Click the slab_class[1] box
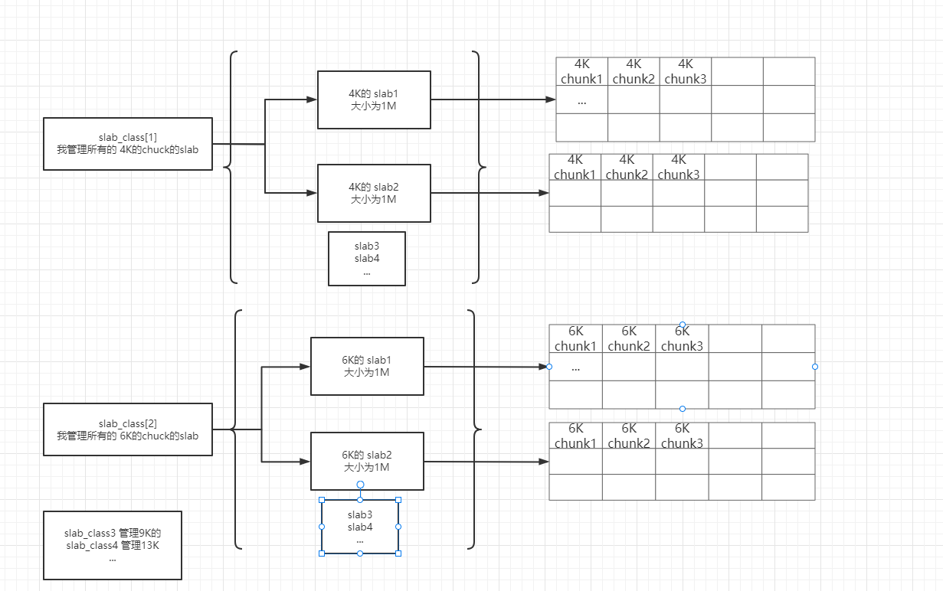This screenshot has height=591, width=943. click(x=127, y=144)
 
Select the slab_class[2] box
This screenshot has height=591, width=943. click(x=127, y=429)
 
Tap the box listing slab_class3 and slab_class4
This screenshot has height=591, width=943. click(x=113, y=545)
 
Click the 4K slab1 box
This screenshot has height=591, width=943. click(x=374, y=100)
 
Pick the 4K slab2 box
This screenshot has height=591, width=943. click(x=374, y=193)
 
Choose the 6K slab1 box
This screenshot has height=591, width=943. click(x=367, y=366)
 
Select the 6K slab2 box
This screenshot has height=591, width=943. click(x=367, y=461)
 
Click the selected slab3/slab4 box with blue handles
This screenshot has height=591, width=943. click(x=360, y=527)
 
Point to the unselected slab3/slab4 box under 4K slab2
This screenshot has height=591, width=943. click(x=367, y=259)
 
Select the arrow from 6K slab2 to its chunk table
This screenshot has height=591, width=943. click(x=486, y=462)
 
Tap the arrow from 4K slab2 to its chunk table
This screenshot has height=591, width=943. click(x=490, y=193)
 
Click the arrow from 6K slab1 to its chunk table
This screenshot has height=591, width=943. click(x=486, y=367)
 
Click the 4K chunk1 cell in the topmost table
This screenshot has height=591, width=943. click(x=582, y=71)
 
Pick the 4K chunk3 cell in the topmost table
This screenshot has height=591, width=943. click(x=686, y=71)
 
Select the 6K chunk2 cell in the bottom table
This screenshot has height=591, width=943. click(x=629, y=436)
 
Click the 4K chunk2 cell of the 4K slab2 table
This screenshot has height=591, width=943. click(x=627, y=167)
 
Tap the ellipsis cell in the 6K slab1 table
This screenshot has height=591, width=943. click(x=576, y=367)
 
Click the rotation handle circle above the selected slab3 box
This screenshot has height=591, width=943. click(x=360, y=485)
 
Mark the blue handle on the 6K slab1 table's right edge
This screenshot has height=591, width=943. click(x=815, y=367)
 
